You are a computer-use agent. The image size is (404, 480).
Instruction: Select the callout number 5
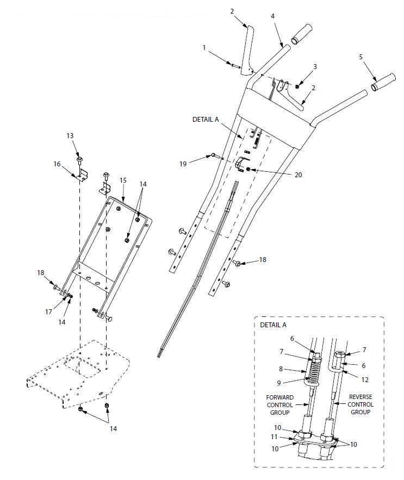(360, 56)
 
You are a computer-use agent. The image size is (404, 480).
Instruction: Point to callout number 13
(70, 135)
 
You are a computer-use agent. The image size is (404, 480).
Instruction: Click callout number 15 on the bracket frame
(123, 180)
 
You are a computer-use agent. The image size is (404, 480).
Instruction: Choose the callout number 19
(184, 163)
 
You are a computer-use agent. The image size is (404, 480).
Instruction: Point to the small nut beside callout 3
(297, 86)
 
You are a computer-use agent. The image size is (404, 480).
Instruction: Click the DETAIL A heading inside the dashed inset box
(274, 325)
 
